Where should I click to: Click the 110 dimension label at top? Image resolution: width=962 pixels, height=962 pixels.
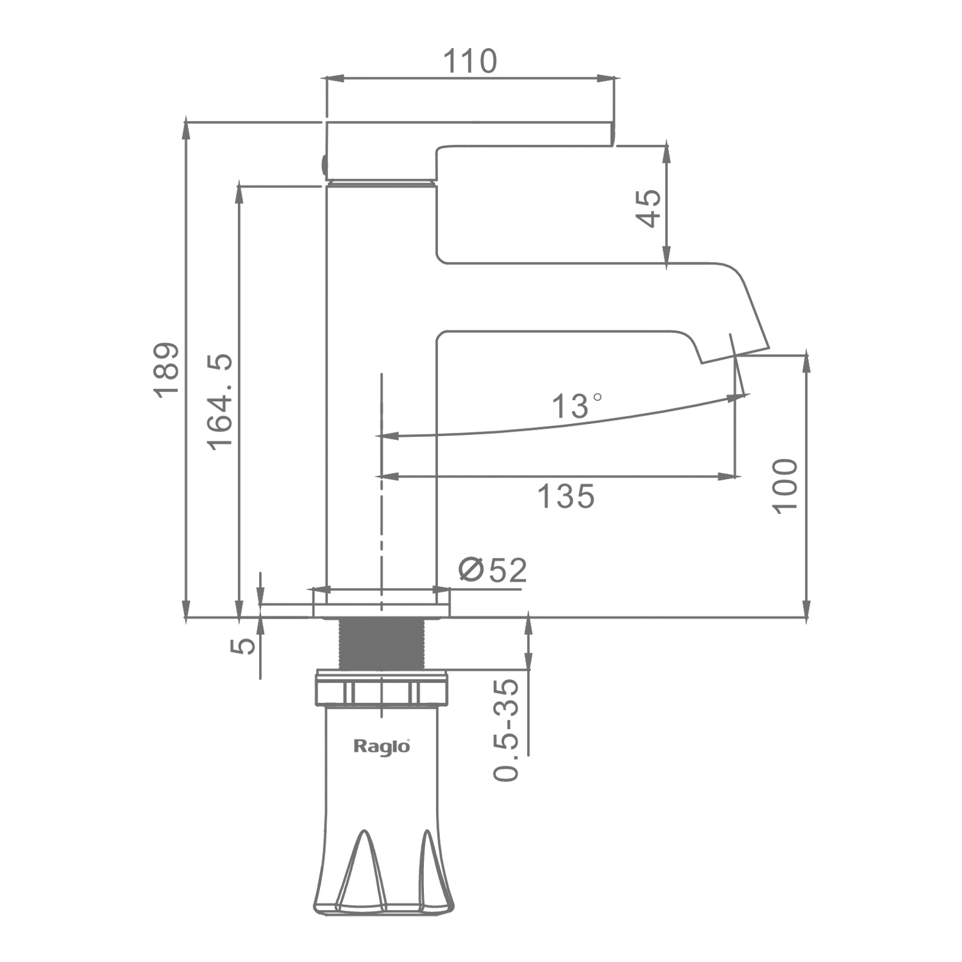pyautogui.click(x=470, y=62)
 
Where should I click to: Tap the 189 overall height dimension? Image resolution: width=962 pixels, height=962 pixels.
pyautogui.click(x=166, y=370)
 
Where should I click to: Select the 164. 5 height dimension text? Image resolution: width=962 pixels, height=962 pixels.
pyautogui.click(x=220, y=401)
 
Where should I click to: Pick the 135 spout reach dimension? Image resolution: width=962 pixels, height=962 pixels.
pyautogui.click(x=566, y=496)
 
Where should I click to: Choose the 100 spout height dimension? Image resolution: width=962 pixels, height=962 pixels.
pyautogui.click(x=785, y=485)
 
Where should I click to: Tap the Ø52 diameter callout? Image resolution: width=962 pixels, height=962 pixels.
pyautogui.click(x=493, y=570)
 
